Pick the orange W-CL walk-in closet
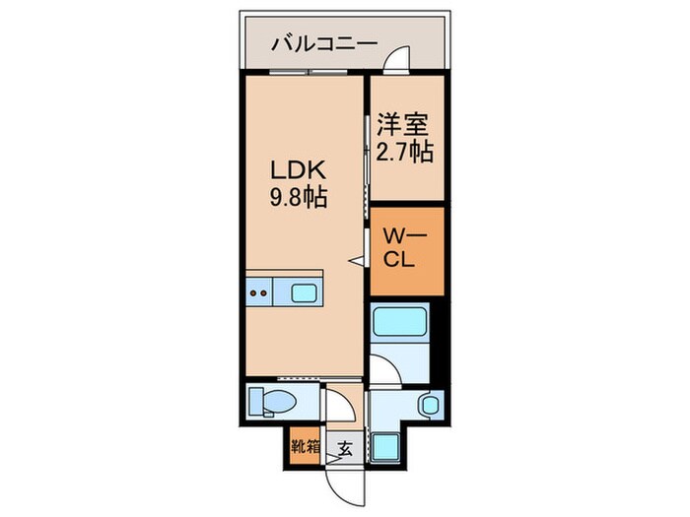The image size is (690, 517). tap(407, 251)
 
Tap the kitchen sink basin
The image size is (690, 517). tap(303, 292)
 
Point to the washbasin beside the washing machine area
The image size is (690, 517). tap(428, 404)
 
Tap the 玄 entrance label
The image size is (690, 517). tap(345, 448)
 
